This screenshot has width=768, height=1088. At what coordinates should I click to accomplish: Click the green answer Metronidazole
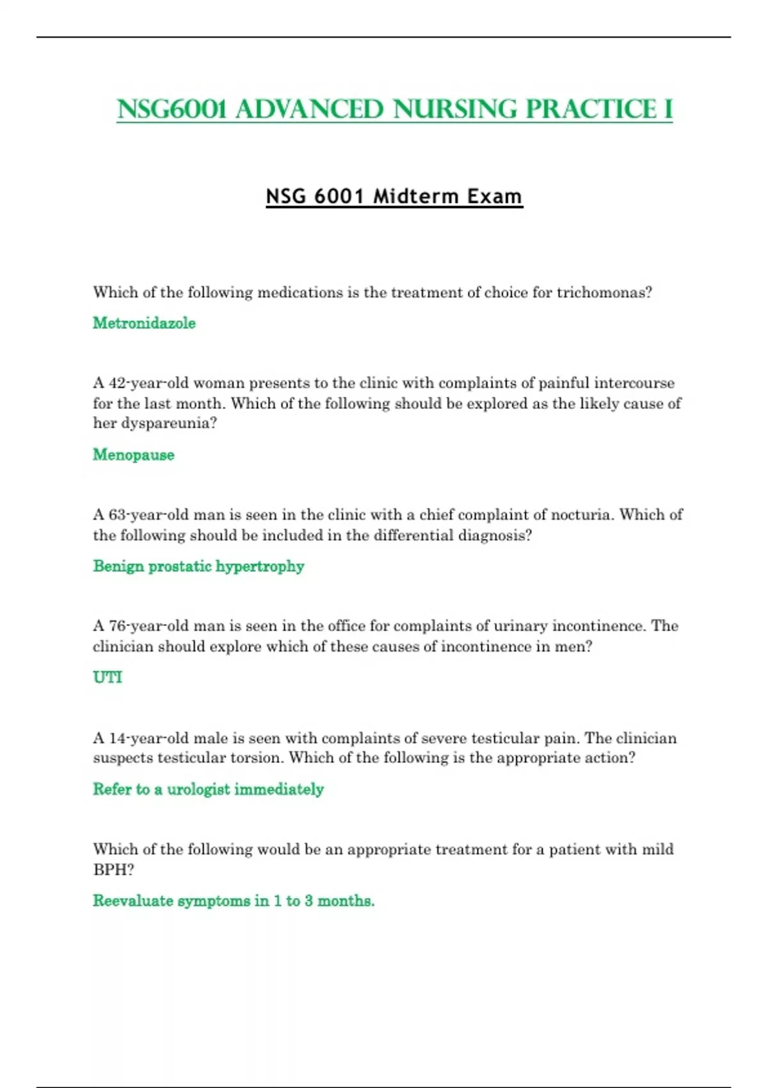pyautogui.click(x=144, y=323)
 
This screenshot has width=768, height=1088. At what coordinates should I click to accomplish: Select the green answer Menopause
pyautogui.click(x=133, y=455)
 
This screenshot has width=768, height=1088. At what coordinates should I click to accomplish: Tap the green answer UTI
pyautogui.click(x=108, y=677)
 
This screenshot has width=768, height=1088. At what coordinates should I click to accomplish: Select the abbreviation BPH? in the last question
pyautogui.click(x=113, y=870)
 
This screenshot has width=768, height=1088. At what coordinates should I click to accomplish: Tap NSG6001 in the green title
pyautogui.click(x=172, y=109)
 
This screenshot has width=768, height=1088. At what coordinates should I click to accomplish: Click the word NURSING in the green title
pyautogui.click(x=455, y=109)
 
